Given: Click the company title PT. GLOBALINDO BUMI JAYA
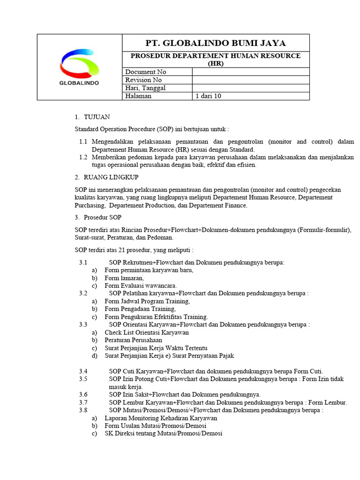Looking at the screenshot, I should [216, 43].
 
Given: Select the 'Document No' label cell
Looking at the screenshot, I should [145, 72].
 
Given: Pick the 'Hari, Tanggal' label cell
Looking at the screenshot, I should [145, 88].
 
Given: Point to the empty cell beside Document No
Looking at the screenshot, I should [251, 72].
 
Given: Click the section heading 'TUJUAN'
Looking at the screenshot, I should [97, 117].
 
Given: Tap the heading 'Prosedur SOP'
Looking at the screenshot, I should [103, 217].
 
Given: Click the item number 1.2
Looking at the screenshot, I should [83, 157].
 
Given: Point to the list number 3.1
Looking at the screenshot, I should [83, 262].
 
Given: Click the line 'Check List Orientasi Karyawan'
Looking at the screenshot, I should [146, 332].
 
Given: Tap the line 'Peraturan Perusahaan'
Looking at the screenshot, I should [133, 340].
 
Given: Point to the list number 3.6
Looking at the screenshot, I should [83, 395].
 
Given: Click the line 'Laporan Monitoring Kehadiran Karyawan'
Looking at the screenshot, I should [160, 418].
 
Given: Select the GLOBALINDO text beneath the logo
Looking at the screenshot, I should [79, 82].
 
